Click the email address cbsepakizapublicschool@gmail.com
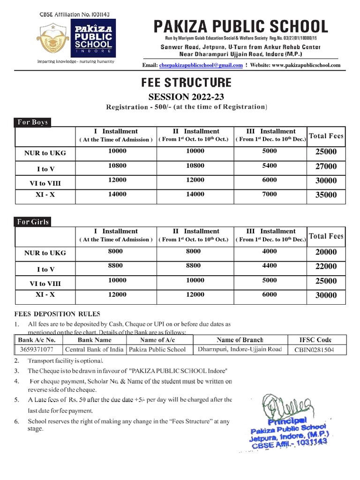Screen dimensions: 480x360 201,65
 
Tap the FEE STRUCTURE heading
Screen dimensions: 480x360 186,83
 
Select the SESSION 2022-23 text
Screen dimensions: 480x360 186,97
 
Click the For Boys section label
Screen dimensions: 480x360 32,122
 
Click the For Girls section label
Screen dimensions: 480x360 33,222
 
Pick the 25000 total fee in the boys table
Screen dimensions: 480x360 326,152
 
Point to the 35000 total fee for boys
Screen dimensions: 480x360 326,195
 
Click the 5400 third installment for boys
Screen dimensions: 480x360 270,165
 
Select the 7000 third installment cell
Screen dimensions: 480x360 270,194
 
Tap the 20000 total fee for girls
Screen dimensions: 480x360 326,252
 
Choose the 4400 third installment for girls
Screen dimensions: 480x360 270,265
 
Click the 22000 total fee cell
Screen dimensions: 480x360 326,266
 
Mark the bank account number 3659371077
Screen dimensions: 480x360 37,349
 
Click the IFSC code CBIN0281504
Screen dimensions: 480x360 315,350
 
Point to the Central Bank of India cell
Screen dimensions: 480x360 94,349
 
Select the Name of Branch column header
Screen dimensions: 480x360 240,340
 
